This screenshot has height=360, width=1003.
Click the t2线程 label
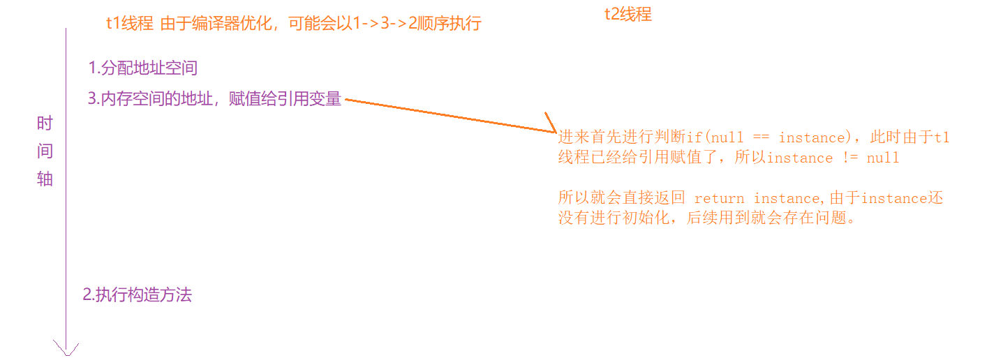pyautogui.click(x=628, y=14)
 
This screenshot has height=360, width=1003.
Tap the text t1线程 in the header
pyautogui.click(x=129, y=23)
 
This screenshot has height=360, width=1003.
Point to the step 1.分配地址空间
pyautogui.click(x=142, y=68)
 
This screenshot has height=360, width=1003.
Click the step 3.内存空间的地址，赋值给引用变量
pyautogui.click(x=214, y=99)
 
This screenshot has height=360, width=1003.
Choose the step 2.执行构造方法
pyautogui.click(x=137, y=295)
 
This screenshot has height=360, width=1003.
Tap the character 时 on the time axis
pyautogui.click(x=45, y=124)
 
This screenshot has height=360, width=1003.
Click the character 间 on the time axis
pyautogui.click(x=45, y=151)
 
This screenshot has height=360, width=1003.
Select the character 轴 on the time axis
pyautogui.click(x=45, y=179)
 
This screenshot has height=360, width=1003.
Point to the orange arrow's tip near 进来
pyautogui.click(x=555, y=130)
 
